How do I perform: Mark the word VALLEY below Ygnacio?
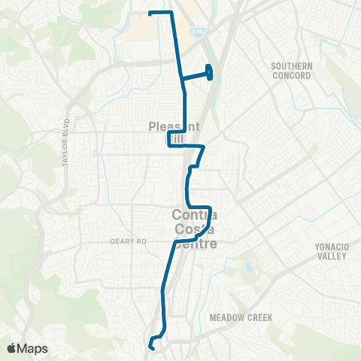332,257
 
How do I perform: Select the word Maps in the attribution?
33,347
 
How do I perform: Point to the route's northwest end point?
150,13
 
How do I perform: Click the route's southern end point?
153,347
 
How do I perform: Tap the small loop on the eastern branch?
209,72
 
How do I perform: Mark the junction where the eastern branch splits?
181,77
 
